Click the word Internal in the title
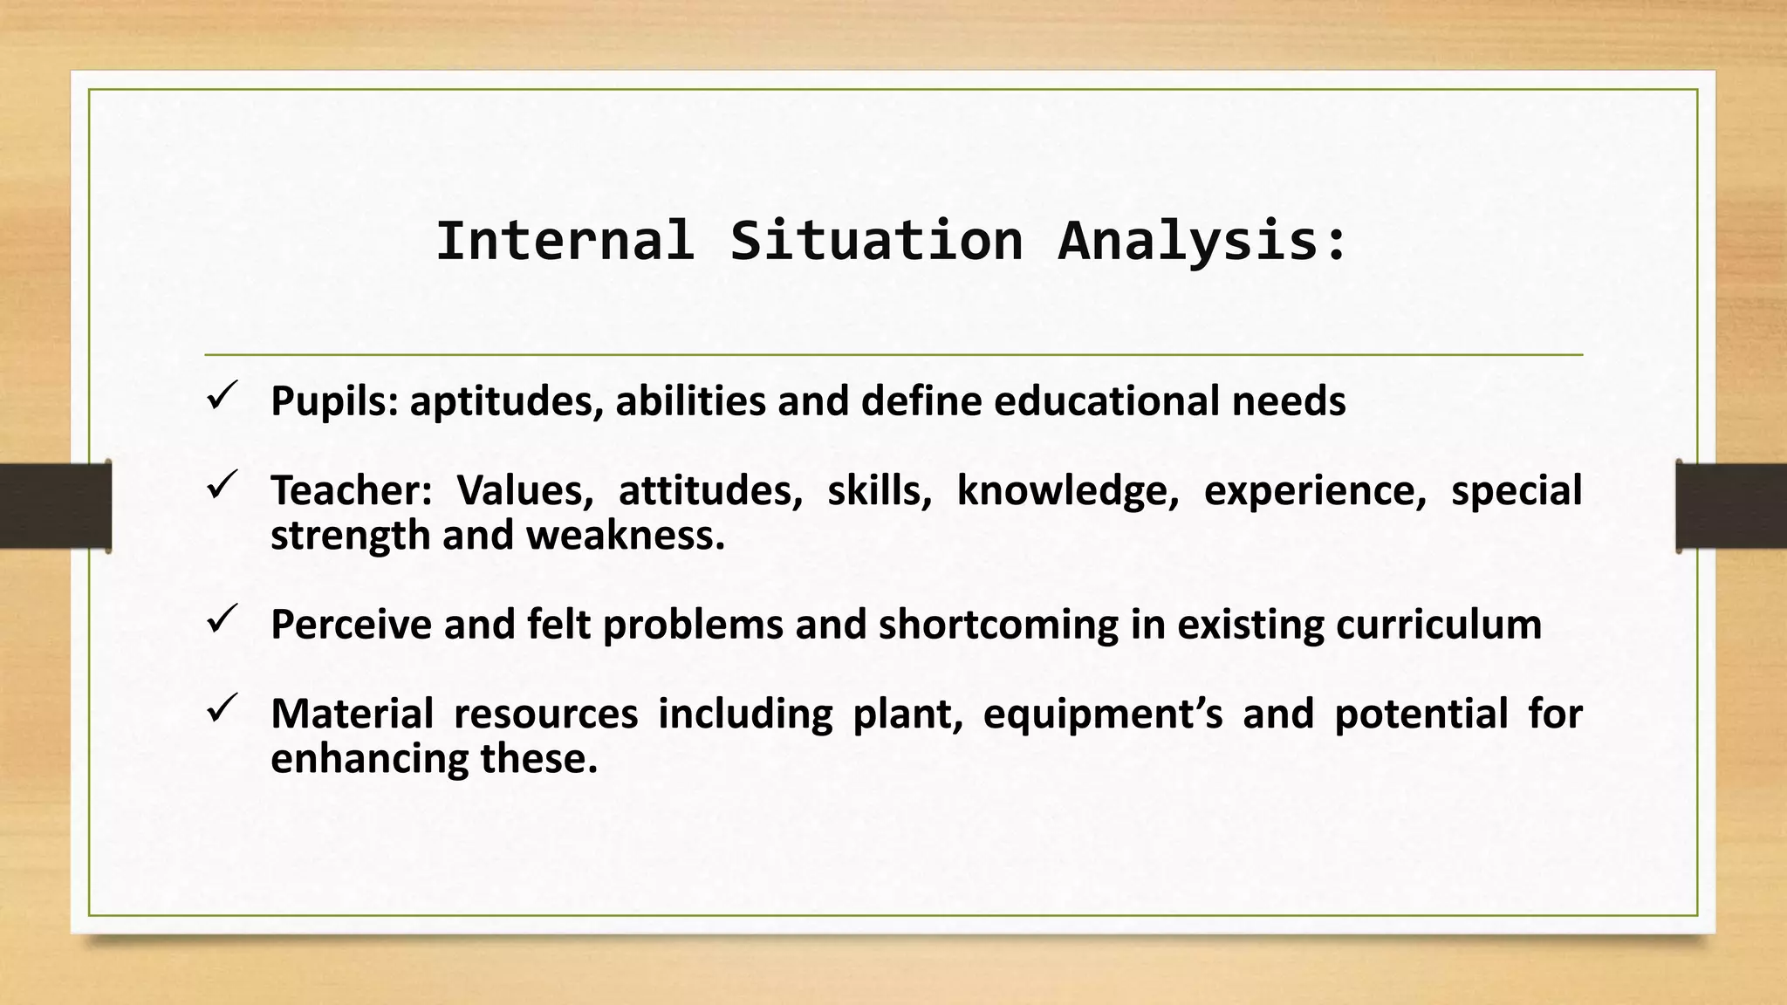565,241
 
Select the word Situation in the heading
876,241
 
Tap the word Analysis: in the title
1203,241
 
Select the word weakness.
626,536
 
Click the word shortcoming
998,625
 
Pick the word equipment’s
1103,714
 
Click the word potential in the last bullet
1421,714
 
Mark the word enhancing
370,758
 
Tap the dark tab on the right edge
1731,506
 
